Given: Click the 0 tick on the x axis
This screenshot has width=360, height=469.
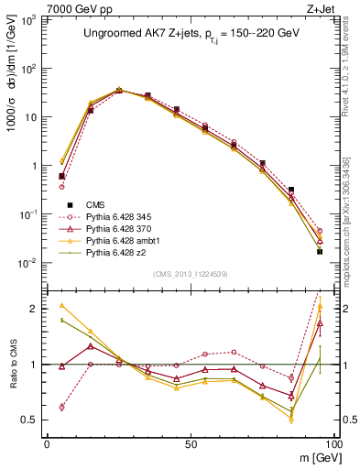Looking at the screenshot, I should click(47, 442).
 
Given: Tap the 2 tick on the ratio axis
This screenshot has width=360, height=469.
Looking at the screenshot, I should click(39, 309).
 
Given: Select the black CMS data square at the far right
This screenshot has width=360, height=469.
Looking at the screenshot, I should click(320, 251).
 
